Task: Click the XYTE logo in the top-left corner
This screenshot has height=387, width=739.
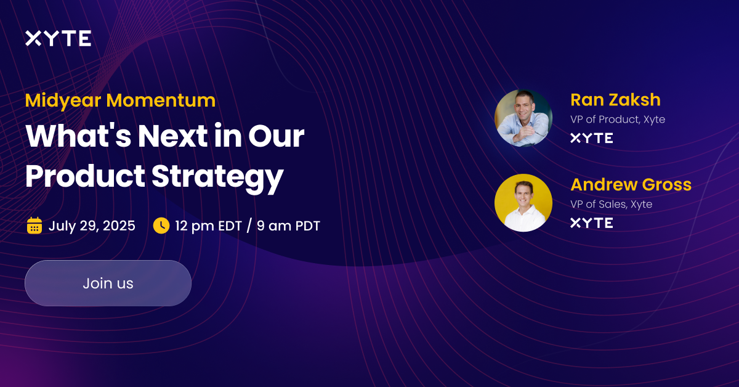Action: click(58, 39)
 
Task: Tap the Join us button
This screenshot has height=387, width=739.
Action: click(108, 283)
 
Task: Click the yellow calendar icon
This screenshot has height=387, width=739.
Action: click(34, 226)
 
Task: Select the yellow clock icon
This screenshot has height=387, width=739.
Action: click(161, 226)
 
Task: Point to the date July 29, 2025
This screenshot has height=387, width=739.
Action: click(92, 226)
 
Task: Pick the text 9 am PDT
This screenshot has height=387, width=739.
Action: click(288, 226)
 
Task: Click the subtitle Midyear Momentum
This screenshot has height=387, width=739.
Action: click(120, 100)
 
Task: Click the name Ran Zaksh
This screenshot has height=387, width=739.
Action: click(615, 99)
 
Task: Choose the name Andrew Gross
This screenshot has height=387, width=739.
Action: click(631, 184)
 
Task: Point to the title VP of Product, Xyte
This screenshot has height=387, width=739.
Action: click(618, 120)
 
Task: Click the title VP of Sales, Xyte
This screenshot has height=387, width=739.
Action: click(611, 204)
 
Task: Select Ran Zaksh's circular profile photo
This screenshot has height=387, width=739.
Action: click(523, 118)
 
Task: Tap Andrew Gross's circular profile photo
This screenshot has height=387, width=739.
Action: click(523, 203)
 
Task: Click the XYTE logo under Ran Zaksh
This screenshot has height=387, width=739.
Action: click(591, 138)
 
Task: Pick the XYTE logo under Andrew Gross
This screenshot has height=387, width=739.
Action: click(591, 223)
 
